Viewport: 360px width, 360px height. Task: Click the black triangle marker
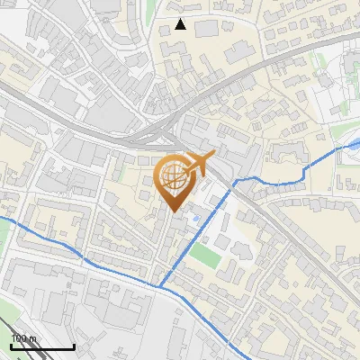coord(181,24)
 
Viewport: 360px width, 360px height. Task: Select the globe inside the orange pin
coord(173,179)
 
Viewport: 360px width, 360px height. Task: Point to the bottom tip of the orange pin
coord(174,211)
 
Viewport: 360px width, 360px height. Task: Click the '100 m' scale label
coord(23,338)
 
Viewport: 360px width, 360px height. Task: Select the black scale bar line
coord(42,346)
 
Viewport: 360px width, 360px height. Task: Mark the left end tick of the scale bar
coord(12,344)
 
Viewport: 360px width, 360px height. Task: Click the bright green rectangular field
coord(204,256)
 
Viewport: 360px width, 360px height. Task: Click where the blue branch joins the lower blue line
coord(163,286)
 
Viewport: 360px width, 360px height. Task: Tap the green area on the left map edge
coord(4,238)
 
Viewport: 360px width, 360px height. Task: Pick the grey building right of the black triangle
coord(207,29)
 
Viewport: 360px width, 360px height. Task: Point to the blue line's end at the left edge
coord(2,218)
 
